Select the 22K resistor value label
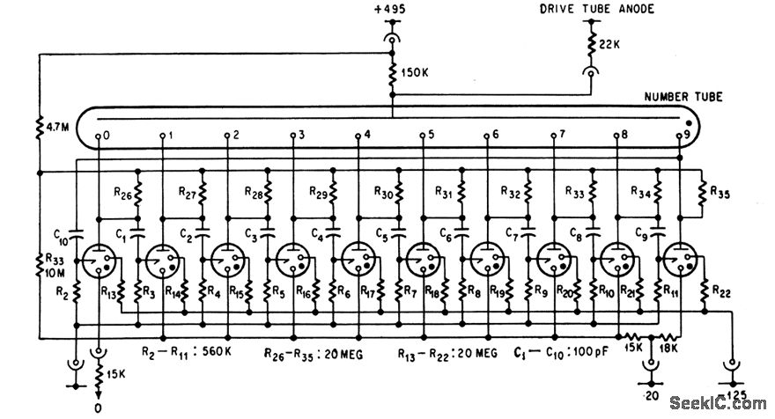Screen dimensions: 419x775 point(610,43)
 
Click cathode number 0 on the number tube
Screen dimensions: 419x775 point(107,136)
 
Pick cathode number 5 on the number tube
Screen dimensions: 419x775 point(430,136)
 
